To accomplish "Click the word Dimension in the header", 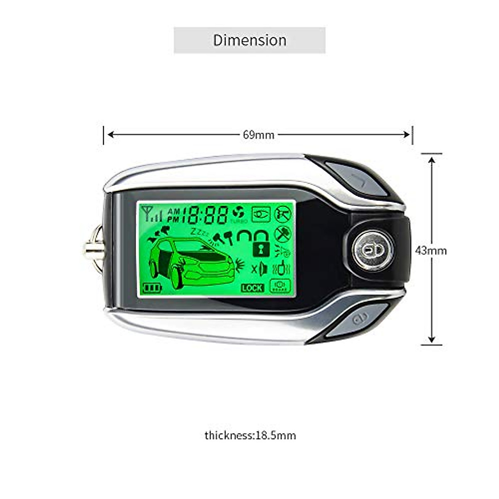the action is click(x=249, y=40).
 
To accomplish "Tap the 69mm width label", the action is click(x=258, y=135).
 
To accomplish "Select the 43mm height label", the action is click(x=431, y=250).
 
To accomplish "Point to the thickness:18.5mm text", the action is click(x=250, y=435).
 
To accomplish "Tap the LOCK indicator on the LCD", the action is click(x=252, y=287).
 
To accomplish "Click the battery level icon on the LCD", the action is click(x=152, y=287).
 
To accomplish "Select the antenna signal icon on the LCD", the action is click(x=151, y=213).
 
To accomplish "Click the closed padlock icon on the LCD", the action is click(x=261, y=249).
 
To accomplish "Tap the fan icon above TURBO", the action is click(x=238, y=212).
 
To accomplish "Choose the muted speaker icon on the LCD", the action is click(x=259, y=269).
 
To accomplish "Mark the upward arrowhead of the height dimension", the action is click(x=432, y=160).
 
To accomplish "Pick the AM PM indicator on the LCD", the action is click(x=173, y=215).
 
